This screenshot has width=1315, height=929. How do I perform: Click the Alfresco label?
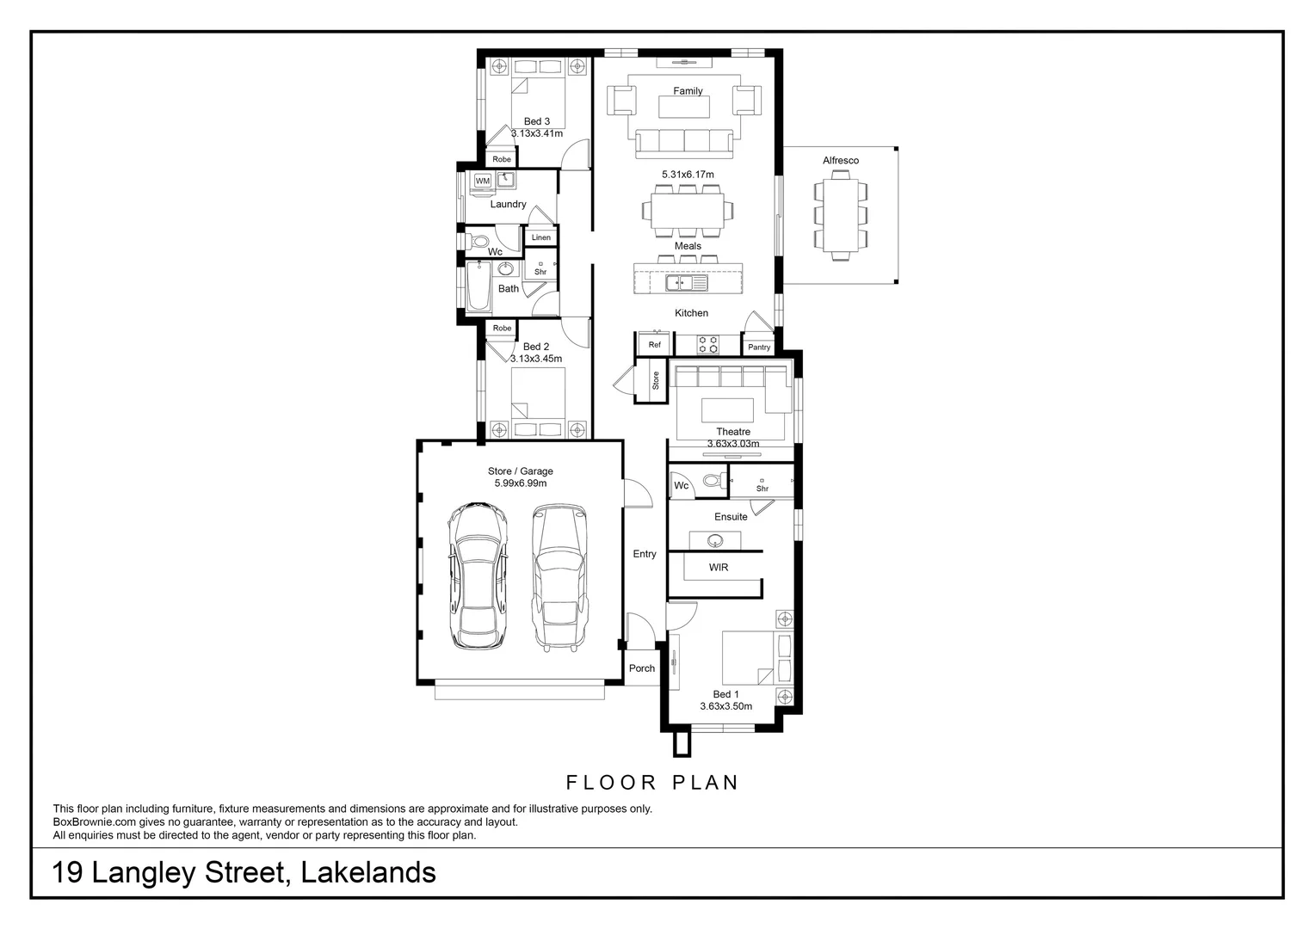click(x=840, y=160)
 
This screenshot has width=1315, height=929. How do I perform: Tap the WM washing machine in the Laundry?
click(x=482, y=181)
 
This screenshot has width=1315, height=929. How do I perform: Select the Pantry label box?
click(x=759, y=348)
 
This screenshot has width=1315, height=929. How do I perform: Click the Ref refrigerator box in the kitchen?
click(x=655, y=345)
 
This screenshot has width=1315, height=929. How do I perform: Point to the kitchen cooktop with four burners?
click(x=708, y=344)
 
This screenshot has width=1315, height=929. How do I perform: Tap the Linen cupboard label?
click(x=540, y=237)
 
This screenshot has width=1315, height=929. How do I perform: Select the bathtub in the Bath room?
click(x=478, y=287)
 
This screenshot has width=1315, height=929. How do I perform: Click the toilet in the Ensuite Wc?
click(x=712, y=480)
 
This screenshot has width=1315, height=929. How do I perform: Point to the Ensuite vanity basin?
click(x=714, y=541)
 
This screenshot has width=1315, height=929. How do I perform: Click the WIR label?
click(x=719, y=568)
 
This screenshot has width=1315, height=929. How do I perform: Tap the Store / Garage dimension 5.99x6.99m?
click(x=520, y=483)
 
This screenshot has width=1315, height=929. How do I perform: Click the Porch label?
click(x=641, y=668)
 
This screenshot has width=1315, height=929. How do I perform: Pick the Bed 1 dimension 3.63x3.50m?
click(x=725, y=706)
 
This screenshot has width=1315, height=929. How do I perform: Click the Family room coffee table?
click(x=684, y=107)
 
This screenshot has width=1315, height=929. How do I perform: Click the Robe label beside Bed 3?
click(x=502, y=159)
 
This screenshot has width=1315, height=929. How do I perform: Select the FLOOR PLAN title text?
click(x=652, y=783)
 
